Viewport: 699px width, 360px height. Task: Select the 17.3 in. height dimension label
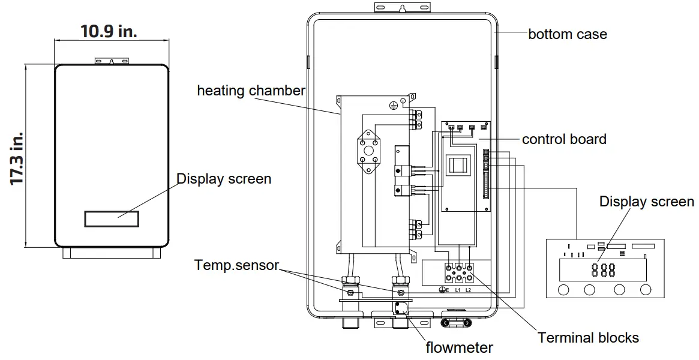pyautogui.click(x=18, y=157)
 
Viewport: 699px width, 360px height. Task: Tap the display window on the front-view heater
pyautogui.click(x=112, y=218)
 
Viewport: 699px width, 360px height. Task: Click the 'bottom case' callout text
pyautogui.click(x=567, y=34)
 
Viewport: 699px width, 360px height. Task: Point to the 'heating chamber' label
pyautogui.click(x=251, y=91)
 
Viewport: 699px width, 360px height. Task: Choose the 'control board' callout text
pyautogui.click(x=563, y=139)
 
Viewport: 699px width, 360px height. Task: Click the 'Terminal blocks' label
pyautogui.click(x=588, y=338)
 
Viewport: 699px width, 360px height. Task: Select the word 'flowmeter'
pyautogui.click(x=459, y=347)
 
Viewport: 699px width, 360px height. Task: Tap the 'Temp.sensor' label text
pyautogui.click(x=236, y=265)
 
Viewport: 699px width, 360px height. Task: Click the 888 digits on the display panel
pyautogui.click(x=603, y=270)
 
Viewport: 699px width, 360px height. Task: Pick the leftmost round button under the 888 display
pyautogui.click(x=564, y=290)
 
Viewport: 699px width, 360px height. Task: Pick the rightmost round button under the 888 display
pyautogui.click(x=646, y=290)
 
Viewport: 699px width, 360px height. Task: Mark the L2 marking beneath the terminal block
pyautogui.click(x=469, y=290)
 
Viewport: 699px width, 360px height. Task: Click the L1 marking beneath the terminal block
pyautogui.click(x=457, y=290)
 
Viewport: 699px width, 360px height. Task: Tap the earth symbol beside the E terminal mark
pyautogui.click(x=441, y=290)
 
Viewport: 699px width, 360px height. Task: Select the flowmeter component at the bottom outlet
pyautogui.click(x=399, y=309)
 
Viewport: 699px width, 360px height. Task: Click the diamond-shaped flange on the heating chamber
pyautogui.click(x=367, y=152)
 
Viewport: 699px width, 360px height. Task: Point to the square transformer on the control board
pyautogui.click(x=461, y=165)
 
